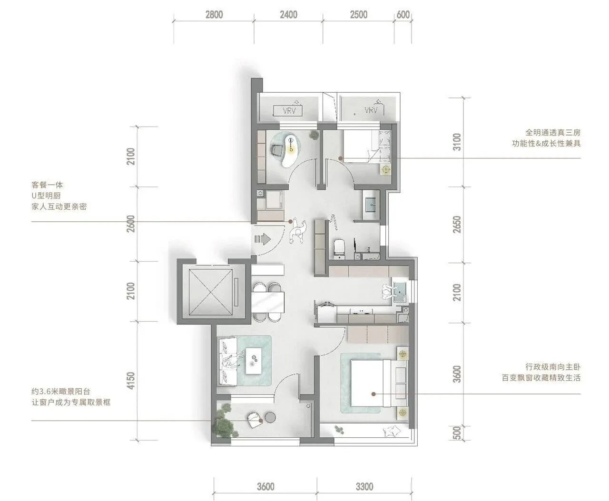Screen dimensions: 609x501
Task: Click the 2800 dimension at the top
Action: coord(214,15)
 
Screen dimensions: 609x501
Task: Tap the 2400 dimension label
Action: coord(288,15)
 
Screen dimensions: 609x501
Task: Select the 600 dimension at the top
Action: coord(403,15)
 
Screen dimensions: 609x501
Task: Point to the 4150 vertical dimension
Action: coord(131,381)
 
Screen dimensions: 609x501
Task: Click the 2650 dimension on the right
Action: coord(457,225)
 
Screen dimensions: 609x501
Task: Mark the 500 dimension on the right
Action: coord(457,432)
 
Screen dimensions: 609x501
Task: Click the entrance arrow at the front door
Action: coord(263,239)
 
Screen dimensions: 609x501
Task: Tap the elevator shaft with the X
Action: coord(210,292)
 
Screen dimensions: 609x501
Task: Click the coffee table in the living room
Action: coord(254,361)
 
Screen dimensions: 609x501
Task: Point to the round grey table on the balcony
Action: coord(270,417)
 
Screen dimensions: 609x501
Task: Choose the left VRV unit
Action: coord(288,110)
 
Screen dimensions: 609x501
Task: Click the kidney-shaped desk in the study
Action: coord(290,151)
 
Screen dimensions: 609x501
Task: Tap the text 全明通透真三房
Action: coord(553,133)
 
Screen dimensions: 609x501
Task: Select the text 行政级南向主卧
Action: coord(553,367)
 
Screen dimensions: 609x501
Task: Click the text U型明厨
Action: coord(46,196)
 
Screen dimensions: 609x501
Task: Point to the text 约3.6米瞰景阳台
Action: coord(61,392)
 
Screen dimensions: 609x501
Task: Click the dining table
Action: coord(268,302)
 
